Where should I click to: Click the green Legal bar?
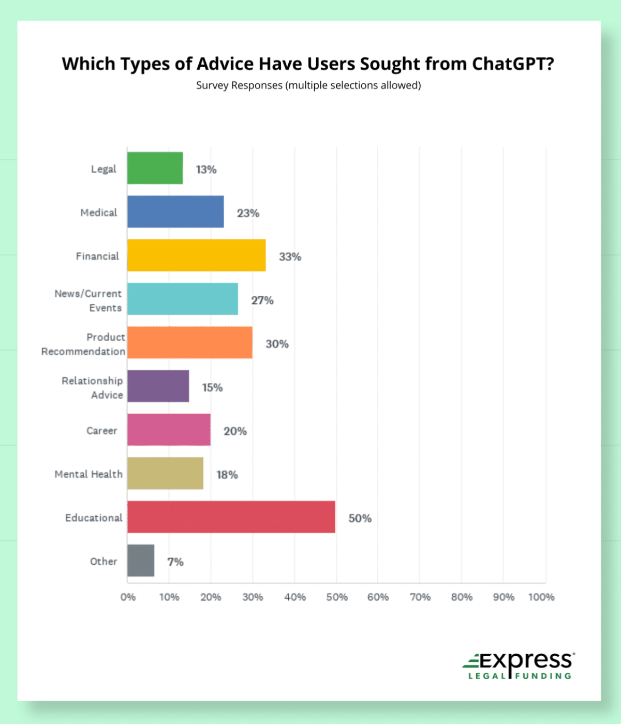[x=155, y=168]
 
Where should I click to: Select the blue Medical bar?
[x=175, y=212]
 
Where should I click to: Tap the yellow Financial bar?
[x=197, y=255]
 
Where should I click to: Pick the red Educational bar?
[x=231, y=517]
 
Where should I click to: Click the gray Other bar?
[x=141, y=560]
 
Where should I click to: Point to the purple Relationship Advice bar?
[x=158, y=386]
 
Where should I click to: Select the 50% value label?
[x=360, y=518]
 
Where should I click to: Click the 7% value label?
[x=175, y=562]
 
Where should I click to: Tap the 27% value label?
[x=262, y=300]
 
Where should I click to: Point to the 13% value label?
[x=206, y=170]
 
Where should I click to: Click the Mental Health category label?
[x=88, y=474]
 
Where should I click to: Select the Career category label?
[x=102, y=431]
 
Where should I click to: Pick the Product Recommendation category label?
[x=83, y=344]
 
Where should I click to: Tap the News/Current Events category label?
[x=88, y=300]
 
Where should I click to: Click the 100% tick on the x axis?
[x=541, y=597]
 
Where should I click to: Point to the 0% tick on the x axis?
[x=128, y=597]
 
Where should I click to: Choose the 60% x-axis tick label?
[x=378, y=597]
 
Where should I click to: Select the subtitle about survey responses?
[x=308, y=85]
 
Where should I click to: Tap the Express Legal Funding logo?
[x=519, y=666]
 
